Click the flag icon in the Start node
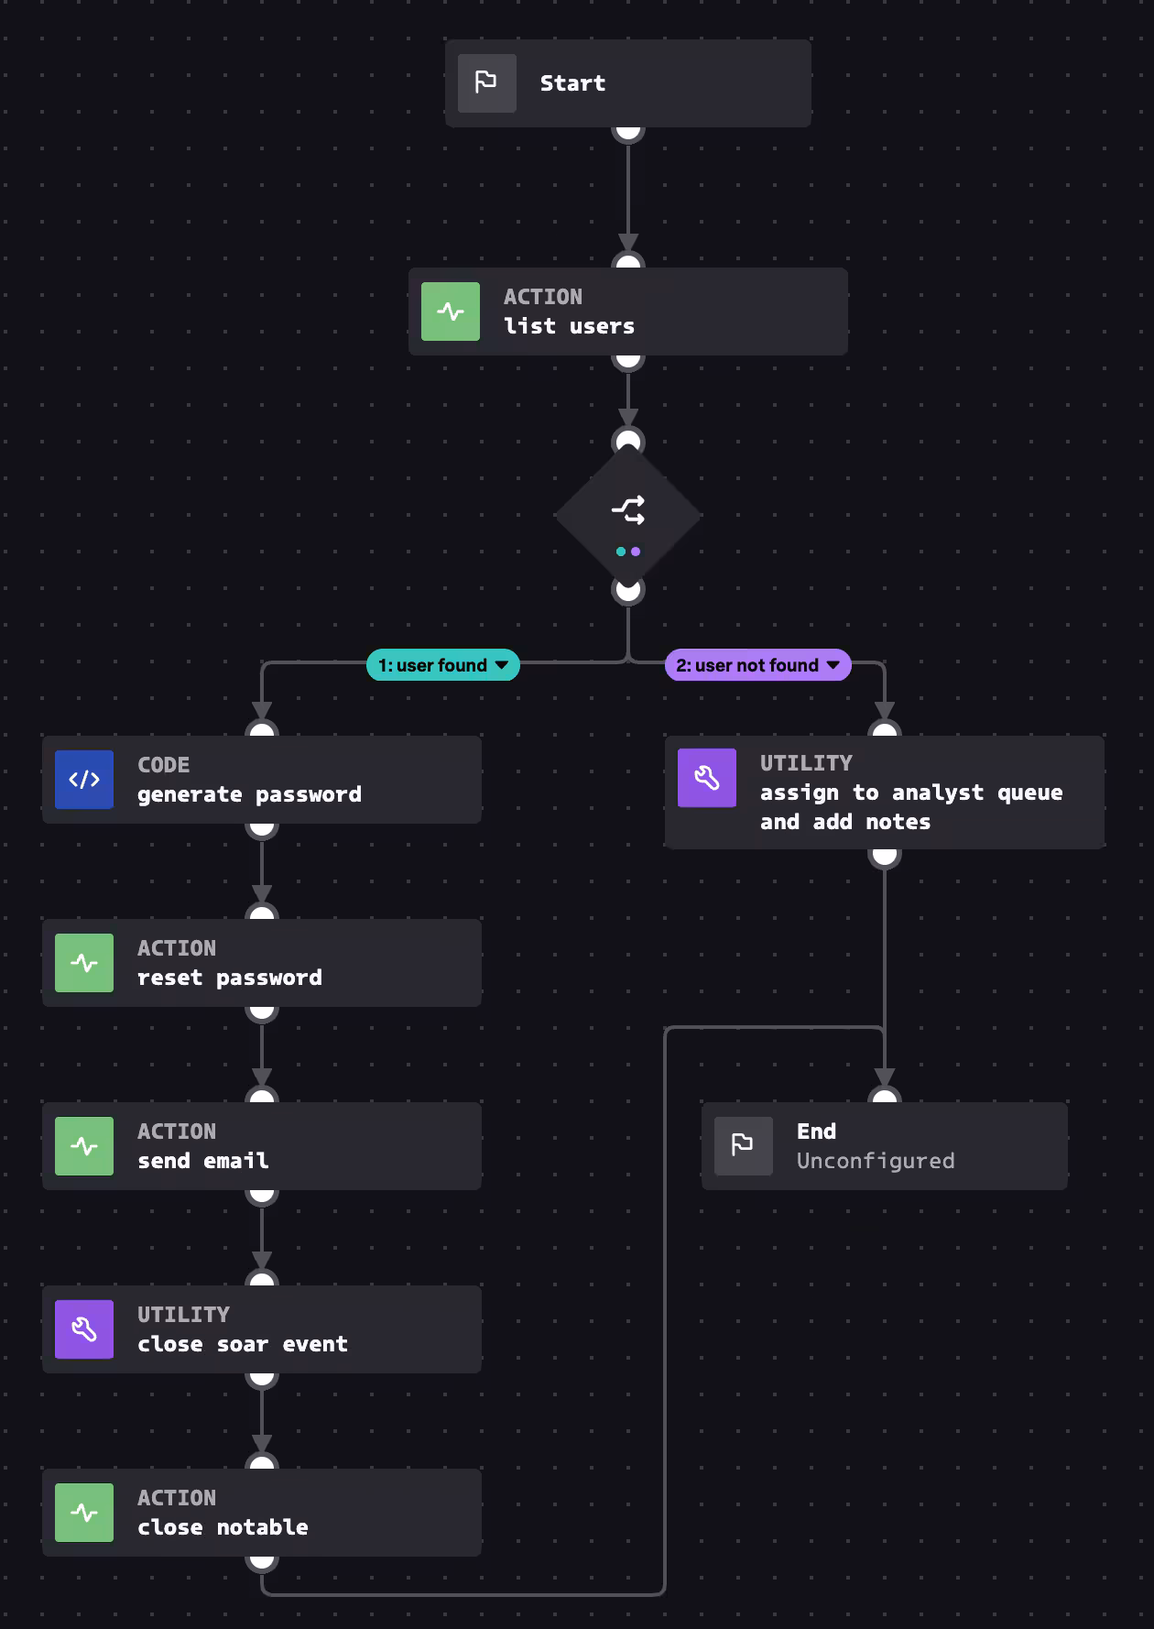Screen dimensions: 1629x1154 coord(486,82)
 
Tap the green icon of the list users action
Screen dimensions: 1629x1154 coord(450,312)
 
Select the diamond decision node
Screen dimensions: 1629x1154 coord(628,515)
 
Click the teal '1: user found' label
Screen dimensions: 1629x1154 coord(433,665)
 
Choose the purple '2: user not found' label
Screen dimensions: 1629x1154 coord(747,665)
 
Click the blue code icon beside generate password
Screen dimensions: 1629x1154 coord(84,780)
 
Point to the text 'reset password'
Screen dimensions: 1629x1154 coord(229,978)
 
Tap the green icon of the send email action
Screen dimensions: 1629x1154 coord(84,1146)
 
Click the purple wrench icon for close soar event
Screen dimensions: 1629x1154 coord(84,1329)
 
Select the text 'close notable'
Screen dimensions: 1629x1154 coord(223,1527)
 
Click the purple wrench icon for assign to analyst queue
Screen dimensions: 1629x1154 coord(706,778)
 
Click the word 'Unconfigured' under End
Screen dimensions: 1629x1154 coord(875,1161)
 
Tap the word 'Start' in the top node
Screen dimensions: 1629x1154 coord(572,83)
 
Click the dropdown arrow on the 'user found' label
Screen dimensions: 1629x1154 coord(502,665)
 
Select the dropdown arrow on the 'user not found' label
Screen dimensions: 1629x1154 coord(833,665)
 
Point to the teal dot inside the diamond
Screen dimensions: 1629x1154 coord(621,552)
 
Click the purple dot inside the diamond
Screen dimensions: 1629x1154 coord(636,552)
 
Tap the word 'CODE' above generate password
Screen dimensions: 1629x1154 coord(163,765)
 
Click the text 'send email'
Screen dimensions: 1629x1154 coord(202,1161)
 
